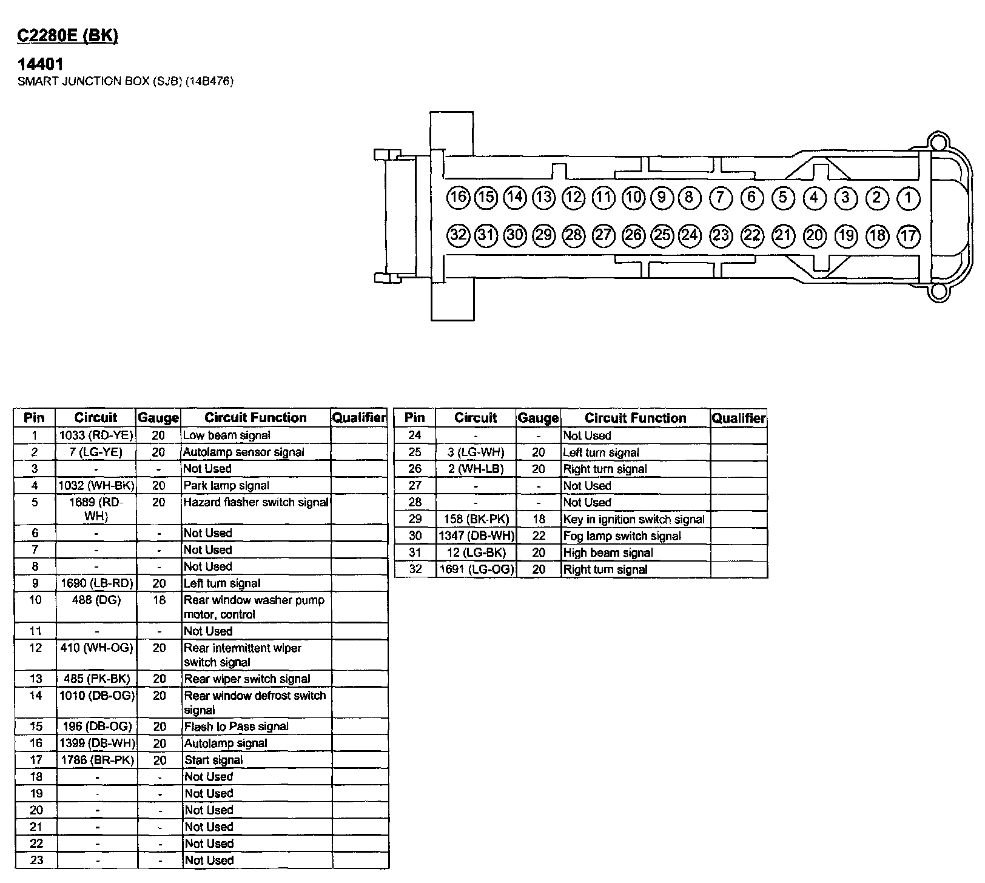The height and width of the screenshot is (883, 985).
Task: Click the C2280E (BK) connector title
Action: pyautogui.click(x=67, y=36)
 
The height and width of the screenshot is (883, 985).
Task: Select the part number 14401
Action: pyautogui.click(x=41, y=64)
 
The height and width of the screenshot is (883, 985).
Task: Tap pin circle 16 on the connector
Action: pyautogui.click(x=459, y=197)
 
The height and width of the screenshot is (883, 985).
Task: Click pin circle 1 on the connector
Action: pyautogui.click(x=908, y=198)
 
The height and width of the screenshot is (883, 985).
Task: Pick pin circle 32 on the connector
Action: pyautogui.click(x=459, y=235)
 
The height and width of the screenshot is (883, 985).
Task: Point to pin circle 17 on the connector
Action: pyautogui.click(x=908, y=235)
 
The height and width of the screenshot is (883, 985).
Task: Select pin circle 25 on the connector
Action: pyautogui.click(x=662, y=235)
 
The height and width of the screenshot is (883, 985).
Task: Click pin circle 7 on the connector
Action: pyautogui.click(x=720, y=198)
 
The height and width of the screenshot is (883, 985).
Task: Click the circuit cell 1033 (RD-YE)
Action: pyautogui.click(x=96, y=435)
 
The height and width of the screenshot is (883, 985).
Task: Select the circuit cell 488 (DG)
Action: pyautogui.click(x=96, y=600)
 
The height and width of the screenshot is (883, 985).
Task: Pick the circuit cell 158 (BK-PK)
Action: pyautogui.click(x=476, y=519)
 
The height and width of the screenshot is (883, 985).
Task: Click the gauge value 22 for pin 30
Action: pyautogui.click(x=539, y=536)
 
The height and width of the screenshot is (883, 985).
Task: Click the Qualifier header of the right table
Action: pyautogui.click(x=738, y=418)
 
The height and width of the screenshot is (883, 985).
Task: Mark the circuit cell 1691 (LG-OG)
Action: pyautogui.click(x=476, y=569)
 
